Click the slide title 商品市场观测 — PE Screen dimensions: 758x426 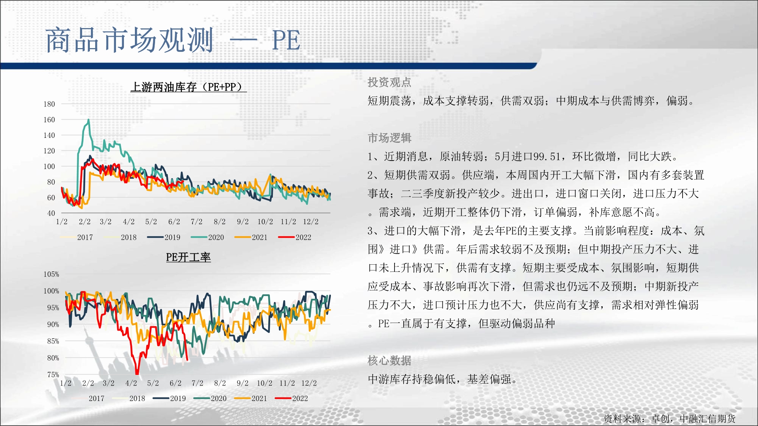173,40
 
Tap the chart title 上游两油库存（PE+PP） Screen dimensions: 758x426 188,87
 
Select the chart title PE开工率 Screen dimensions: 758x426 188,257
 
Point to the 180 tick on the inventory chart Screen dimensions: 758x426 49,104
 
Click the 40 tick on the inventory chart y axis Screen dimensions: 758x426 51,213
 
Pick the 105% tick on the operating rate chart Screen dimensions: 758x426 51,274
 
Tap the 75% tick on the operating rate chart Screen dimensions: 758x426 53,375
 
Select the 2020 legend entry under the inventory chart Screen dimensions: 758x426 207,237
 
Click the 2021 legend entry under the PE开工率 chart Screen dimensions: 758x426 251,398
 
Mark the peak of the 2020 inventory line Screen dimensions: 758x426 89,120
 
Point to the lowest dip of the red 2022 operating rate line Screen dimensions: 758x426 137,373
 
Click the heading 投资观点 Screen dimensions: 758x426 389,82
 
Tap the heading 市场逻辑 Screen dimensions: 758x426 389,138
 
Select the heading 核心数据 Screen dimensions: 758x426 389,360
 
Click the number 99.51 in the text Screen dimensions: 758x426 547,156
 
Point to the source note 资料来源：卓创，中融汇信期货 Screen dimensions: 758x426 669,418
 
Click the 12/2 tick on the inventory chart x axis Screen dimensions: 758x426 311,222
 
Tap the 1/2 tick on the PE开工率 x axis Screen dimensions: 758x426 66,383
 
